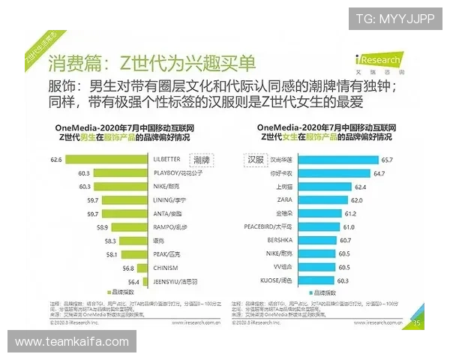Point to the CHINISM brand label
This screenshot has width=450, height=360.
click(x=165, y=268)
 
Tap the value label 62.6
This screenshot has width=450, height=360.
click(x=55, y=160)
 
